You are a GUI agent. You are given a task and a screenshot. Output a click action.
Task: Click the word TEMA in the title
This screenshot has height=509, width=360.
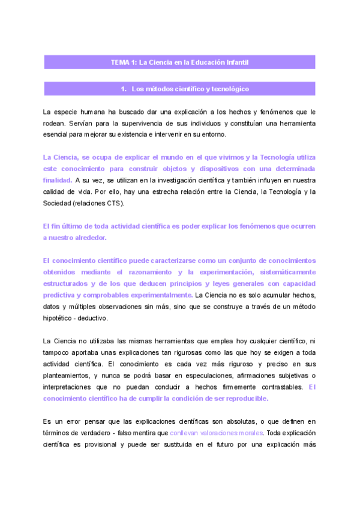coord(121,62)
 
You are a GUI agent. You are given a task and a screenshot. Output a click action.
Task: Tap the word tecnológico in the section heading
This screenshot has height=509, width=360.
coord(227,89)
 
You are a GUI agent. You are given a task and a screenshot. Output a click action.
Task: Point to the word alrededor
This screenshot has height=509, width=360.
coord(89,238)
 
